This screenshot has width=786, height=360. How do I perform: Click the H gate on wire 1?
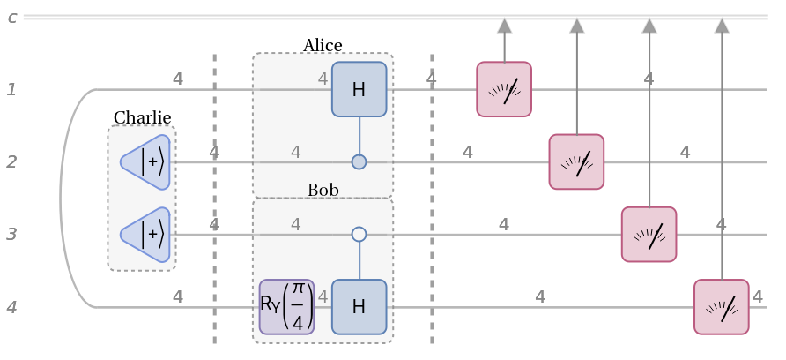coord(359,89)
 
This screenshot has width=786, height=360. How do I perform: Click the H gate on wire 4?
coord(359,307)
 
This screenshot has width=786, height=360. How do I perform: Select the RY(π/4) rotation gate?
coord(286,307)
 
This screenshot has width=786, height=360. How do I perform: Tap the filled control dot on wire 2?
coord(359,161)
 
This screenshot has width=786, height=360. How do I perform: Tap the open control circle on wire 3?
coord(359,234)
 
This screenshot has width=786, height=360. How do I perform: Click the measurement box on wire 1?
coord(504,89)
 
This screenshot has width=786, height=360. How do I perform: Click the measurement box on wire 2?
coord(576,161)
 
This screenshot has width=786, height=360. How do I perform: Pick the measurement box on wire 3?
coord(649,234)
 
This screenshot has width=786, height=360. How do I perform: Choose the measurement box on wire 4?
coord(721,307)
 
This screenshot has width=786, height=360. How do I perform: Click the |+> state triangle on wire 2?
coord(146,161)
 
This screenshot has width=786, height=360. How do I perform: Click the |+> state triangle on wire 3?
coord(146,234)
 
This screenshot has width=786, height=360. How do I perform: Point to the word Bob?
coord(323,191)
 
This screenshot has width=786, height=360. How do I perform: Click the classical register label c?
coord(11,17)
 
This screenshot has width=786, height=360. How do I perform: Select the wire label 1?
coord(11,89)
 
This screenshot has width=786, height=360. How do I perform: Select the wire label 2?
coord(11,161)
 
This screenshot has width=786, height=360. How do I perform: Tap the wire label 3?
coord(11,234)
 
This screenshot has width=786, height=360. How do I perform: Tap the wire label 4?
coord(11,307)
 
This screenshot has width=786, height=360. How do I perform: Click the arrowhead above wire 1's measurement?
coord(504,26)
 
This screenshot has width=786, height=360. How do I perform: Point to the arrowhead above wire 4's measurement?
coord(722,26)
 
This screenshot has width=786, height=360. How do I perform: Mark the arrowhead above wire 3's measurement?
coord(649,26)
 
